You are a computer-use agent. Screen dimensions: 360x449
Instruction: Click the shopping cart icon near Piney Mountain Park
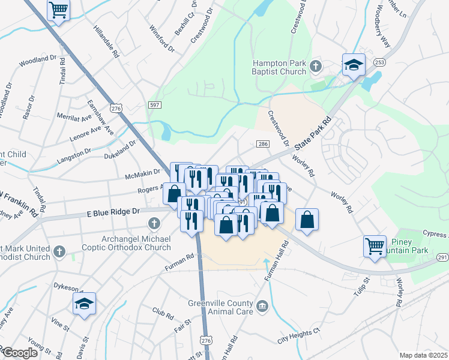(375, 245)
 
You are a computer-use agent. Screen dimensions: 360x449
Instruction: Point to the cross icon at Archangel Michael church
(154, 224)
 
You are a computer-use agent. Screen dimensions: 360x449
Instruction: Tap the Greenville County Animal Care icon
(262, 307)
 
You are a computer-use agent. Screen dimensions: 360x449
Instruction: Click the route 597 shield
(155, 105)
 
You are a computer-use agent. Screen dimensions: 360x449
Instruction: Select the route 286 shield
(262, 144)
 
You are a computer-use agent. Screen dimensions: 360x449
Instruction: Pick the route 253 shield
(379, 62)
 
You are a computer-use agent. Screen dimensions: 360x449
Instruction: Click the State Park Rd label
(312, 135)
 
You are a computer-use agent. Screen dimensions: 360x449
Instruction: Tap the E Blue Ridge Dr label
(113, 212)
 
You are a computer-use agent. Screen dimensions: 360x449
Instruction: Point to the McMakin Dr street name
(142, 172)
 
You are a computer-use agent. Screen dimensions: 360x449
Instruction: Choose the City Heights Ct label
(298, 333)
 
